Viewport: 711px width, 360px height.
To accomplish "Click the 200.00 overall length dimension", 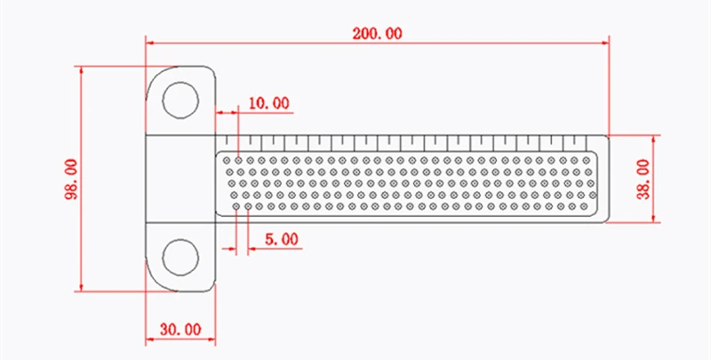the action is point(377,34).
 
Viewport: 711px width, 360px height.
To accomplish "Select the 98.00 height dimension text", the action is point(73,179).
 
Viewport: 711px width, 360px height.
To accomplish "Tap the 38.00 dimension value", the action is point(643,179).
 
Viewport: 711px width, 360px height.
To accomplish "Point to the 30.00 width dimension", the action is point(180,330).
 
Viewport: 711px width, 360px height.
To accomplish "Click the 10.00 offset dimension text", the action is point(269,103).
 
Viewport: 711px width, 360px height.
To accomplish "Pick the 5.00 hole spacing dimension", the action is point(282,239).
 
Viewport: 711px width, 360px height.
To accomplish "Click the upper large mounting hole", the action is point(180,100).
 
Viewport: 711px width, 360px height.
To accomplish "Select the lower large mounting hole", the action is point(180,257).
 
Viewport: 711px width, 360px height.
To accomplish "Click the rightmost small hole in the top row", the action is point(586,160).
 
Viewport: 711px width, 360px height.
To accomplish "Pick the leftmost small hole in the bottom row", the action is point(236,206).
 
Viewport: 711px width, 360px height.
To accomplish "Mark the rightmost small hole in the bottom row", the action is point(584,206).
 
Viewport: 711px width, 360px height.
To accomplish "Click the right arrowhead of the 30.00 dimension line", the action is point(211,339).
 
